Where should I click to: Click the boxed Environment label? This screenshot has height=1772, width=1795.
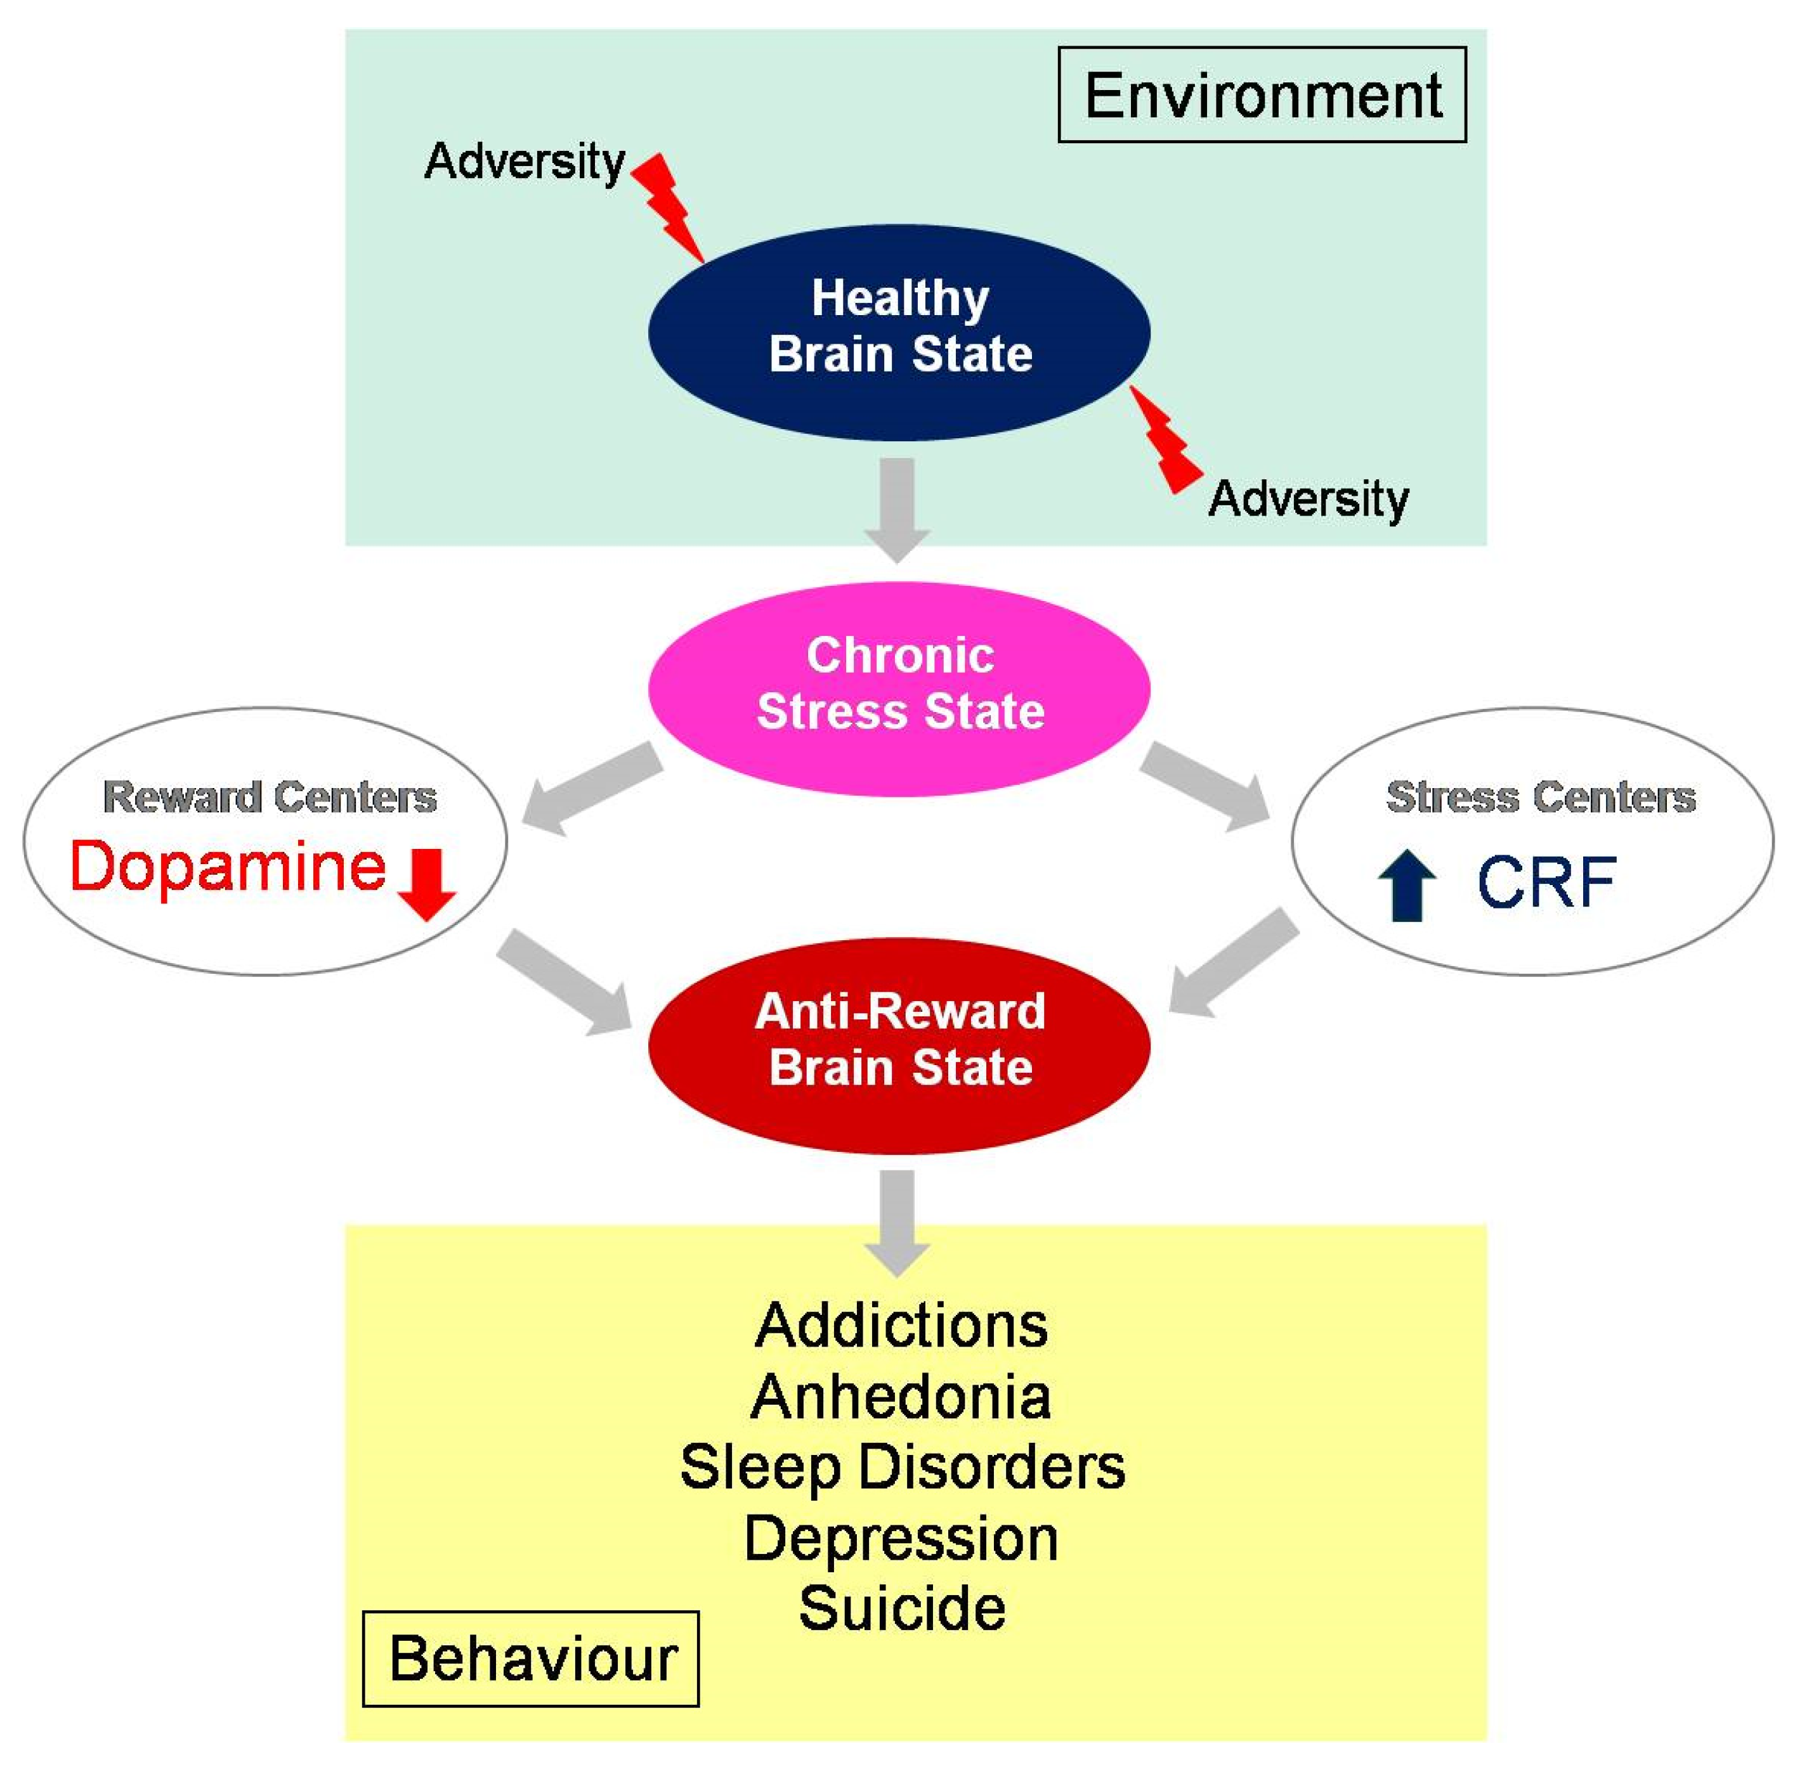tap(1262, 94)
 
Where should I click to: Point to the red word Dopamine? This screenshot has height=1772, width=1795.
tap(228, 867)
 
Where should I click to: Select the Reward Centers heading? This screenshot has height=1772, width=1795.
tap(270, 797)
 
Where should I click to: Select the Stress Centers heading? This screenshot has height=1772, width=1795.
tap(1541, 797)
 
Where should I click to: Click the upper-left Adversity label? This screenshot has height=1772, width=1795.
tap(525, 162)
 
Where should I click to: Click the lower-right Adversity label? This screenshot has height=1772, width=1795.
tap(1307, 499)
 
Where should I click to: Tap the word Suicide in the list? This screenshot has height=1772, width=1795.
tap(901, 1608)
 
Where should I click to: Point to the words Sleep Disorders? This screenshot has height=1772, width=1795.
tap(902, 1468)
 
